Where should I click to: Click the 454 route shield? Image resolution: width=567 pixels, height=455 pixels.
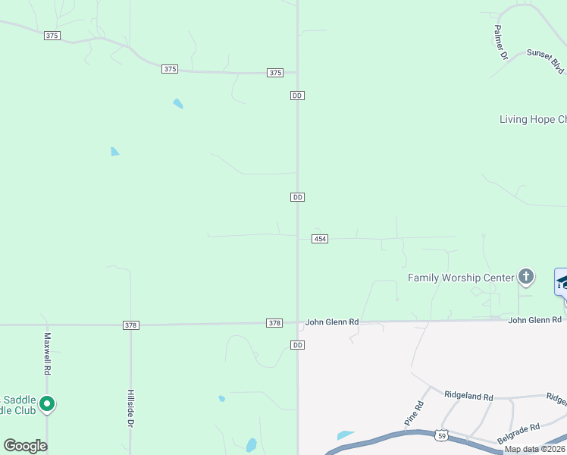[x=319, y=239]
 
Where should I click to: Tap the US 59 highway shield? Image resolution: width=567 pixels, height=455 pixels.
[x=441, y=436]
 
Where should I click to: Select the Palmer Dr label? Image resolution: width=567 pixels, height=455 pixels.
[x=500, y=42]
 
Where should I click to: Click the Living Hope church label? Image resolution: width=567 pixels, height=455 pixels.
[x=532, y=119]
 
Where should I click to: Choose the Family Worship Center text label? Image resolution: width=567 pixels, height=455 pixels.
[x=461, y=278]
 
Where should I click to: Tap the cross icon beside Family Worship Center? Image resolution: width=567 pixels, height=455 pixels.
[x=526, y=277]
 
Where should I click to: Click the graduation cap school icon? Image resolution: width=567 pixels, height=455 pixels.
[x=562, y=282]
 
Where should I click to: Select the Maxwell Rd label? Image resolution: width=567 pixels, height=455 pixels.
[x=47, y=354]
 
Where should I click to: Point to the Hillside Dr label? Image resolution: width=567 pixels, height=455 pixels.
[x=130, y=409]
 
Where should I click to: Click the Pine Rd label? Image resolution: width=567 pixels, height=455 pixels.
[x=412, y=413]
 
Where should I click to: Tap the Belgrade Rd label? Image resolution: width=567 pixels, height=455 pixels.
[x=518, y=434]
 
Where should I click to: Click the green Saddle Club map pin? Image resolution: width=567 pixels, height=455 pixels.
[x=47, y=404]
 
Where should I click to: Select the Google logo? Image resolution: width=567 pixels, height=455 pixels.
[x=25, y=446]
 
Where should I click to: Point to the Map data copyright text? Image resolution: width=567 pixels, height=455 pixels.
[x=534, y=449]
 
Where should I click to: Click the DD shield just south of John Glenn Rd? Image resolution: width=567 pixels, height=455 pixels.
[x=297, y=345]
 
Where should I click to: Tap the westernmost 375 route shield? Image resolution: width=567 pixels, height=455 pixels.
[x=52, y=36]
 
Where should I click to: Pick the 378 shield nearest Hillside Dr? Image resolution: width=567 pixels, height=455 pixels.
[x=130, y=325]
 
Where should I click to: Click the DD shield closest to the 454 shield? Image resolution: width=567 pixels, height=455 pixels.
[x=297, y=197]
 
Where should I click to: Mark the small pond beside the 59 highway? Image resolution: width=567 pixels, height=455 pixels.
[x=345, y=435]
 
